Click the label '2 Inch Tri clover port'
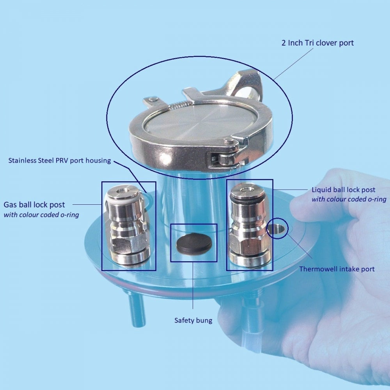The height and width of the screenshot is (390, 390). [x=317, y=43]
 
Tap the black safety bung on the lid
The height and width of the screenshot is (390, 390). [x=194, y=243]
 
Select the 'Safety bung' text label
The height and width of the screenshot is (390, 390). [x=193, y=321]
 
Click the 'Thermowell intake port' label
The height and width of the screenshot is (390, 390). [x=337, y=269]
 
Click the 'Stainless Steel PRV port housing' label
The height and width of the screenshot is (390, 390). [x=60, y=160]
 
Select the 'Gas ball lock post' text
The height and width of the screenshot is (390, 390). [x=34, y=205]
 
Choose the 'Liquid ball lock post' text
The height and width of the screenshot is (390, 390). [x=343, y=190]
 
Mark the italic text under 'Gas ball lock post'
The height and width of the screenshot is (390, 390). [x=41, y=214]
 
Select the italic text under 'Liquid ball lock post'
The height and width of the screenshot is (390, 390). [x=349, y=199]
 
